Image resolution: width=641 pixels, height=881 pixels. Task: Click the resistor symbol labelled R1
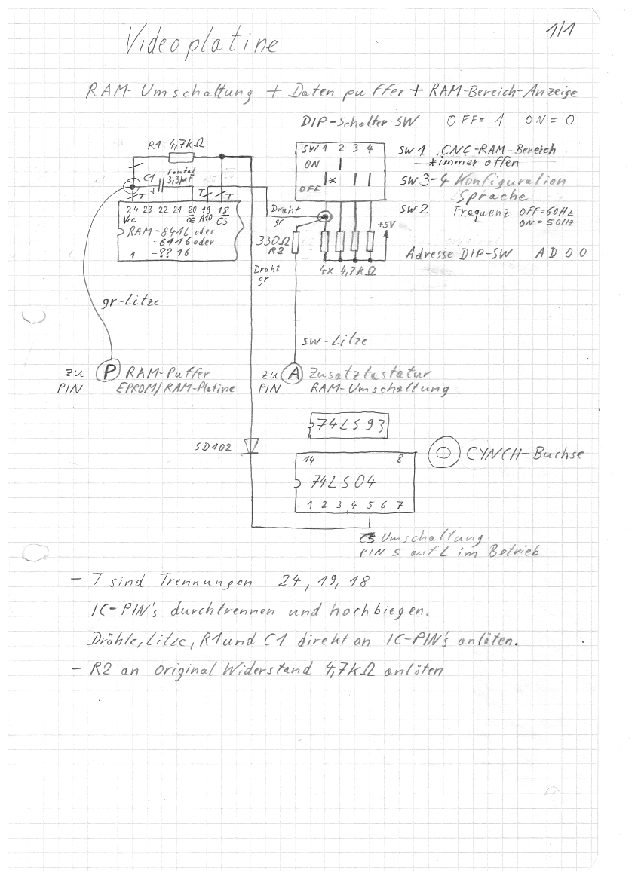(x=180, y=157)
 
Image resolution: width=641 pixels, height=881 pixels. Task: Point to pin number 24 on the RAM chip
(x=133, y=208)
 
